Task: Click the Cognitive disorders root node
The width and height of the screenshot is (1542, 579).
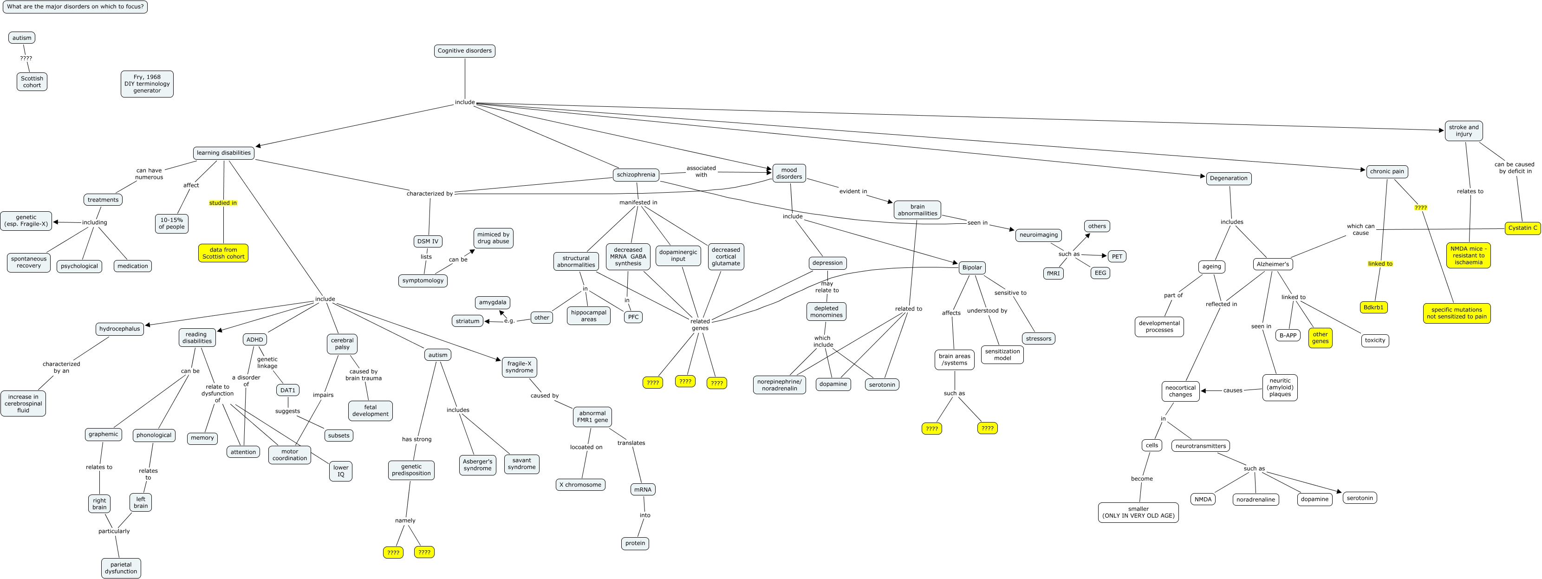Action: tap(464, 51)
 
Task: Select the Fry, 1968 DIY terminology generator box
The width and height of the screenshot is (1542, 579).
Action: tap(147, 84)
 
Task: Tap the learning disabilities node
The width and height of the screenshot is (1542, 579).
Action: tap(223, 153)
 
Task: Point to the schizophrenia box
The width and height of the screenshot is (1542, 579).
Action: tap(636, 175)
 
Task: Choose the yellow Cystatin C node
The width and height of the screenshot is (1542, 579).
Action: tap(1522, 228)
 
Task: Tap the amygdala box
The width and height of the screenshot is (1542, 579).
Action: tap(492, 302)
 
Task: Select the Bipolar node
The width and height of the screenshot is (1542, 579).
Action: tap(971, 267)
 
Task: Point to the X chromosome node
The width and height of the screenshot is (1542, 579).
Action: tap(580, 484)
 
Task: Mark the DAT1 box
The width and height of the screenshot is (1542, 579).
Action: tap(287, 390)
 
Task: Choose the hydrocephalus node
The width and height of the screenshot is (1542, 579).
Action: tap(120, 329)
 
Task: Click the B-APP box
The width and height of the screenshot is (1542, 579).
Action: tap(1288, 335)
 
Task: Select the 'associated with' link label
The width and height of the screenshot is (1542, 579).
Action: tap(701, 171)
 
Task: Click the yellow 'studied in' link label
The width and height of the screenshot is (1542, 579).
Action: tap(223, 203)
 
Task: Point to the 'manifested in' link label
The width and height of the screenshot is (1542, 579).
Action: tap(638, 202)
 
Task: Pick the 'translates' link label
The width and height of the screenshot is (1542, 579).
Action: tap(631, 443)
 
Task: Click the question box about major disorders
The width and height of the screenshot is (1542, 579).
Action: tap(75, 7)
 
